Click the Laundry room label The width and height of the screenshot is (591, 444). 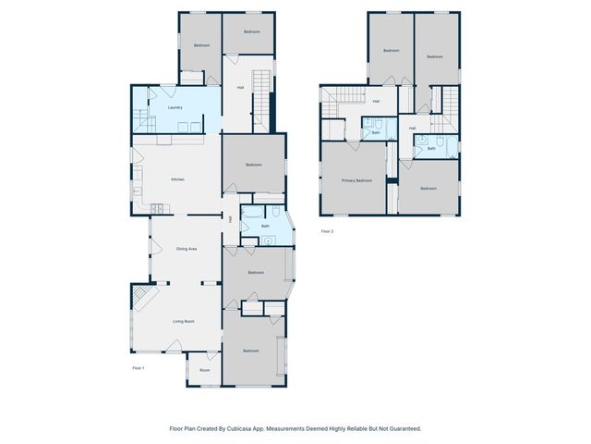[x=175, y=108]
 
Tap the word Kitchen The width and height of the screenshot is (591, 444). [x=177, y=179]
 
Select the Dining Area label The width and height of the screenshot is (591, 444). [x=187, y=249]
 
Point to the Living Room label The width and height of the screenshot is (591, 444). [x=183, y=321]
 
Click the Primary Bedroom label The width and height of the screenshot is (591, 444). [x=356, y=180]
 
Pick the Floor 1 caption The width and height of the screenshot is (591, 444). [x=139, y=368]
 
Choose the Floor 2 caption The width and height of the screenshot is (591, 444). [x=327, y=231]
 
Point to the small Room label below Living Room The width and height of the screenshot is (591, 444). [x=204, y=370]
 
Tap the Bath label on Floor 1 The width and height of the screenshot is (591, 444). [x=265, y=226]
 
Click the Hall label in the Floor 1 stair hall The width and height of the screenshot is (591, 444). [x=240, y=88]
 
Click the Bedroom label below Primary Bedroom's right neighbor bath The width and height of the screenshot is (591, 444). [x=428, y=189]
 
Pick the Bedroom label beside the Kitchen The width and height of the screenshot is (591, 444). [x=254, y=165]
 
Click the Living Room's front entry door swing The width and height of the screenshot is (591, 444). [x=174, y=347]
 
